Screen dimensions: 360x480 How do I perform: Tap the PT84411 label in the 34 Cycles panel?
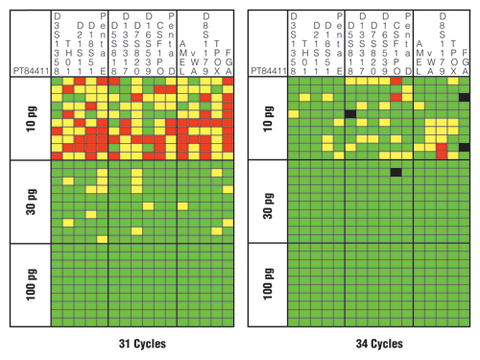[269, 70]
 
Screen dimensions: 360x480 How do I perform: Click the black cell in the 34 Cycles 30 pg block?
[396, 172]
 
